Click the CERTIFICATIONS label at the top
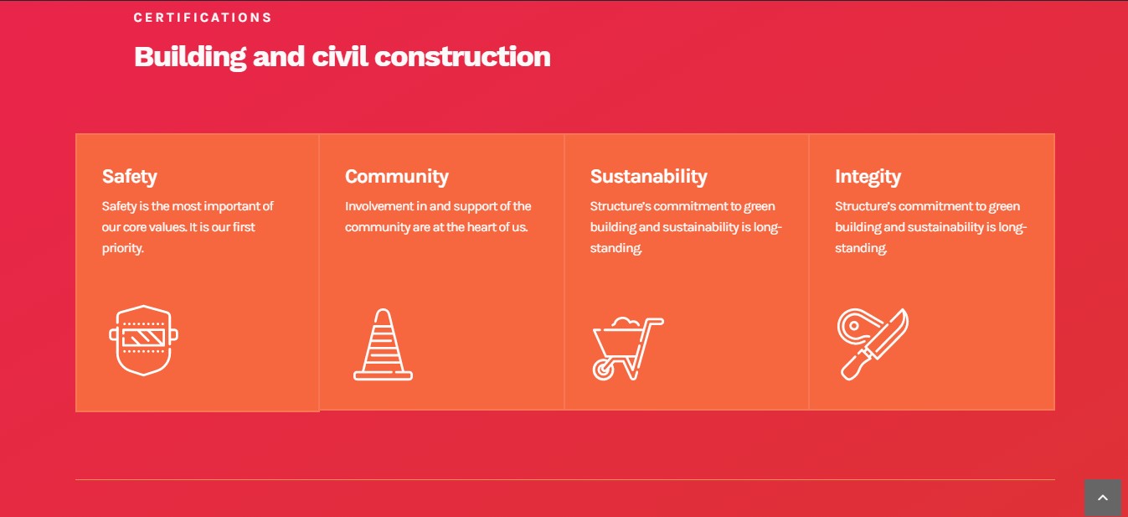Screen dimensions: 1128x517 click(203, 18)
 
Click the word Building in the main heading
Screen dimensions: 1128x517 click(190, 57)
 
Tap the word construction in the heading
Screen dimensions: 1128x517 click(462, 56)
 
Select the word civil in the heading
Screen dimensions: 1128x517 click(340, 56)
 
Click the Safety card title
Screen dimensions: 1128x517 click(130, 177)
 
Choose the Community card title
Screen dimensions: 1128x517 click(397, 177)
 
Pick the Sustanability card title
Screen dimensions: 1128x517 click(649, 176)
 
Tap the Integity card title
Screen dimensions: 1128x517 click(868, 177)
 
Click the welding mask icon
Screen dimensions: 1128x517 click(143, 341)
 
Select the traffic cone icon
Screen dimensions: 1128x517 click(383, 344)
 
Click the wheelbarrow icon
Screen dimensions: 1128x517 click(628, 349)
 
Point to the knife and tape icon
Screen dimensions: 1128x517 click(873, 344)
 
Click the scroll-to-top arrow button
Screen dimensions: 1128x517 click(1102, 498)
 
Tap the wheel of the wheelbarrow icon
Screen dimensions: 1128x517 click(603, 370)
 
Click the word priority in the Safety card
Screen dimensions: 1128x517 click(122, 248)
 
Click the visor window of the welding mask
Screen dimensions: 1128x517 click(143, 337)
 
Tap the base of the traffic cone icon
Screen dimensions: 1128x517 click(383, 375)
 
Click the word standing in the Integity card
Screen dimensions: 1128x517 click(861, 248)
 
